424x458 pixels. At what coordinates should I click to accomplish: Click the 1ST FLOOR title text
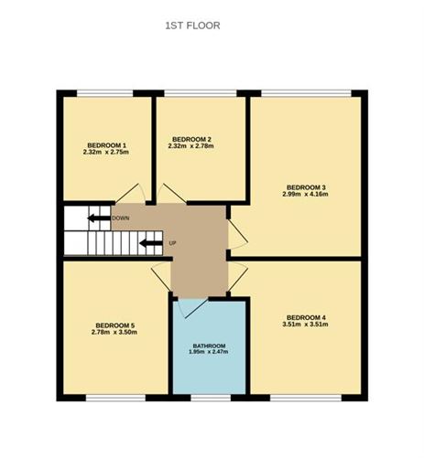(x=191, y=26)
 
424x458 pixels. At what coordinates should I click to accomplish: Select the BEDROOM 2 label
(x=191, y=137)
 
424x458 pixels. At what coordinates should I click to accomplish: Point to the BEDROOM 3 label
(x=305, y=188)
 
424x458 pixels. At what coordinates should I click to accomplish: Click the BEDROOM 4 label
(x=305, y=317)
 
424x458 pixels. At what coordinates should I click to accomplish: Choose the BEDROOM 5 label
(x=114, y=325)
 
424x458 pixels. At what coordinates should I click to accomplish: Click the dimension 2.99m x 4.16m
(x=305, y=196)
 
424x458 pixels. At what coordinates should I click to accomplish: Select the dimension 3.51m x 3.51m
(x=305, y=325)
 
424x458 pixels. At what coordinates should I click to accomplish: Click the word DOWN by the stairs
(x=120, y=218)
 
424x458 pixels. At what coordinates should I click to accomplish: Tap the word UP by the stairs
(x=171, y=243)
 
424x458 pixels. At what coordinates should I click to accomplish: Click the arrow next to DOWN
(x=97, y=218)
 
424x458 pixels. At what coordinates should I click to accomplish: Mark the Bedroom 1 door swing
(x=128, y=195)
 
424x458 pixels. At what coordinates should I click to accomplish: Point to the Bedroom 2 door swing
(x=173, y=194)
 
